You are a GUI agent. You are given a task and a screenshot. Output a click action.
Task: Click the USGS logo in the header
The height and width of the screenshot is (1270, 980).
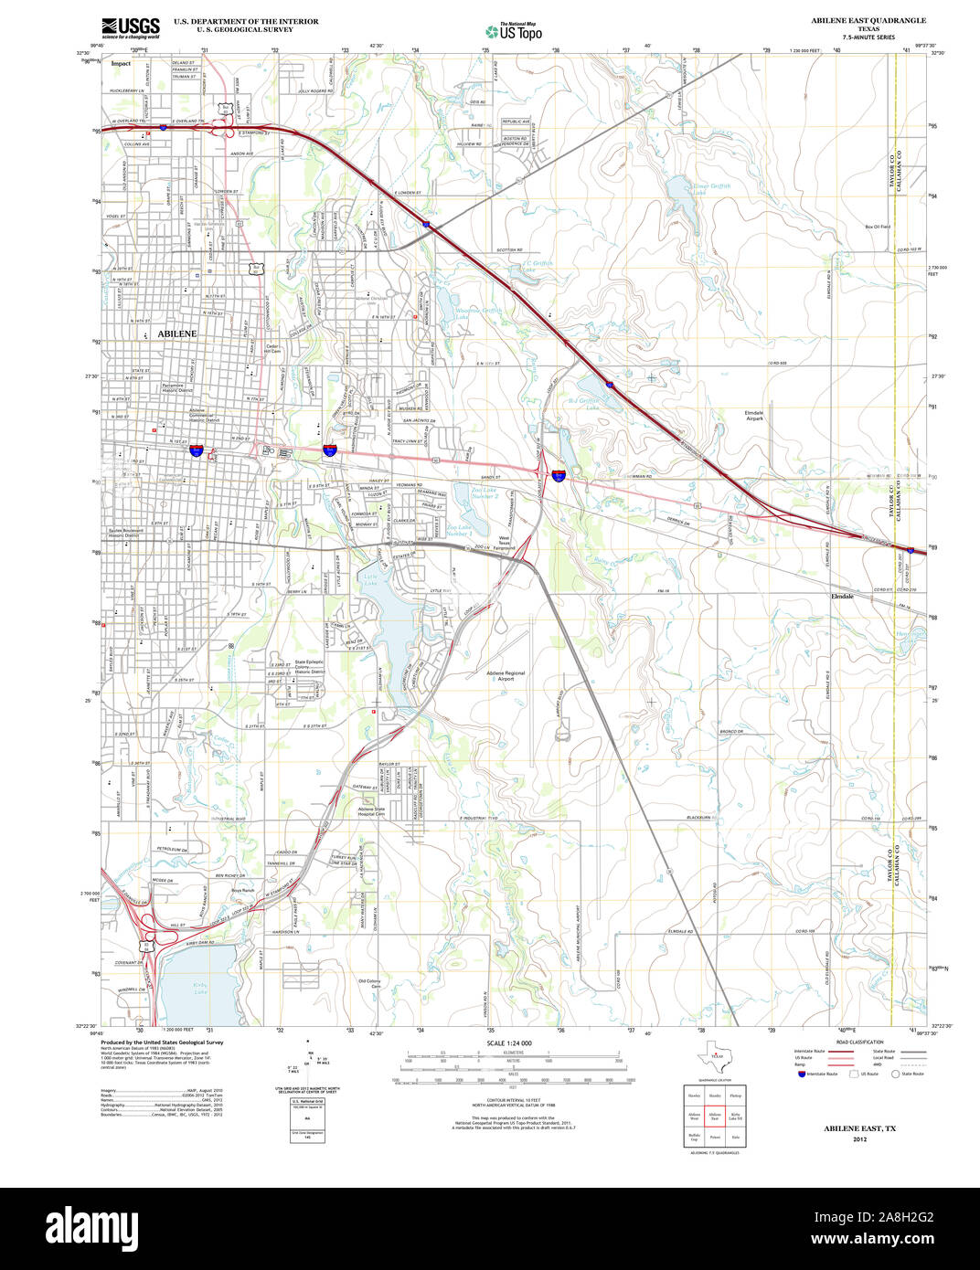(x=131, y=27)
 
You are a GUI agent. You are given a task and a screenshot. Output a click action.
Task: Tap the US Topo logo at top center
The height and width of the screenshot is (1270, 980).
(x=514, y=31)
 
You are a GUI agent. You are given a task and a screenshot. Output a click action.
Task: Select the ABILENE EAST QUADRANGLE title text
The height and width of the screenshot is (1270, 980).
(x=868, y=20)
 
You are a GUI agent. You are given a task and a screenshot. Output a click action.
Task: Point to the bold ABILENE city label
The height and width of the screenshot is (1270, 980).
(x=176, y=334)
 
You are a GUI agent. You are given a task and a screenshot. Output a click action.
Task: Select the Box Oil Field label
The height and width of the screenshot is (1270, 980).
(x=878, y=227)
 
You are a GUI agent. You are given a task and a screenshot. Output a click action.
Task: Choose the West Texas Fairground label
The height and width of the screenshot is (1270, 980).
(x=505, y=543)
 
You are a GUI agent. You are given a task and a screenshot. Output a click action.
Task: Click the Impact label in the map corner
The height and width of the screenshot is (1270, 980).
(x=121, y=64)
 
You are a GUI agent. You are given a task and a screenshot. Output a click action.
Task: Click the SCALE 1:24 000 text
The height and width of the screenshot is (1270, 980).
(x=509, y=1043)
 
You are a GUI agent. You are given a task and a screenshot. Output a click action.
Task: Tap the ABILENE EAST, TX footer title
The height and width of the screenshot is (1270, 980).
(x=859, y=1154)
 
